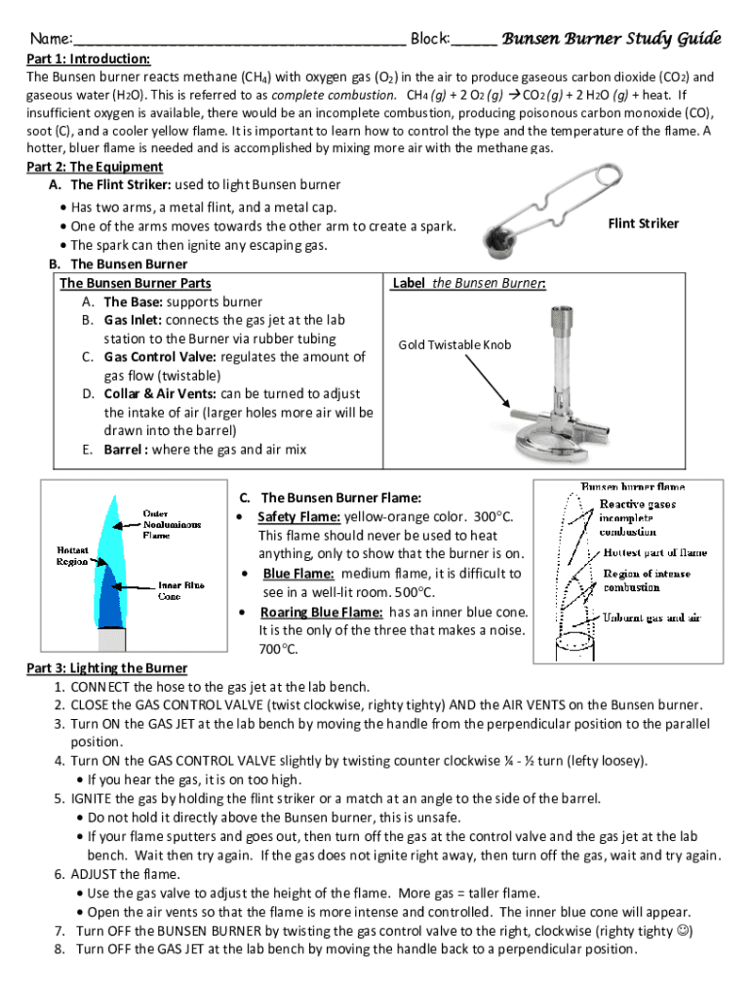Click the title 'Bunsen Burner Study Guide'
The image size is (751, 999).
(x=611, y=39)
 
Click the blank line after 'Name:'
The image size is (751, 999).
(x=239, y=42)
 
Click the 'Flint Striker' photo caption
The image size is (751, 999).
(x=643, y=223)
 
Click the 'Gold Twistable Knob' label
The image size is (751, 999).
(x=455, y=345)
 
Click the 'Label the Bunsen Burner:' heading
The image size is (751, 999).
(x=468, y=283)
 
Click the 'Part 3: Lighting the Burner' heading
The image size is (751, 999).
(x=106, y=668)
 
